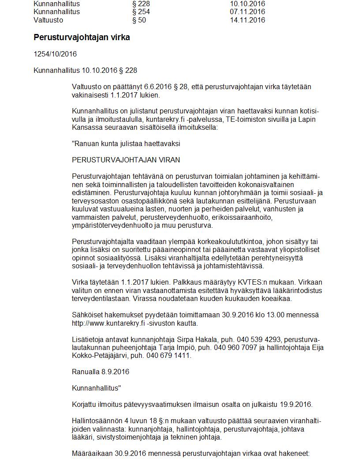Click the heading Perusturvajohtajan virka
pos(82,38)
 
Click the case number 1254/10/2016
pos(55,54)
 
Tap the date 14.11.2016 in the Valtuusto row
pos(247,20)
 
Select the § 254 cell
pos(141,12)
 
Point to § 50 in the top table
pos(139,20)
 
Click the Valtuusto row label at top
pos(48,20)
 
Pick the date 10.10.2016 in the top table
pos(247,4)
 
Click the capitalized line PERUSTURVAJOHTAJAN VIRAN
pos(126,160)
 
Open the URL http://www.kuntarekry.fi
pos(109,323)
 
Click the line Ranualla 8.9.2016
pos(101,372)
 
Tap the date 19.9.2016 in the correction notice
pos(297,405)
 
